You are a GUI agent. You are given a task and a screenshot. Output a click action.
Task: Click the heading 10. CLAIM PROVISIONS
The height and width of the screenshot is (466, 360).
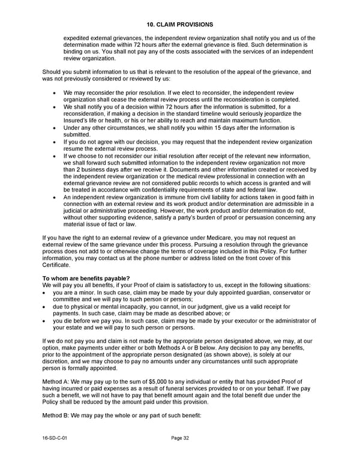pos(179,24)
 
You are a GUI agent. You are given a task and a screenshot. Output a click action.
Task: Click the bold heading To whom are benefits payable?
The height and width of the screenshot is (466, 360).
pos(86,277)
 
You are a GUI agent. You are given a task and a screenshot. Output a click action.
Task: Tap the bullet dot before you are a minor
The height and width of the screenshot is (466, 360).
pos(46,292)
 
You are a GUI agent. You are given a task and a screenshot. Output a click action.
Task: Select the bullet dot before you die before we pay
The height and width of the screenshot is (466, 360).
pos(46,321)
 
